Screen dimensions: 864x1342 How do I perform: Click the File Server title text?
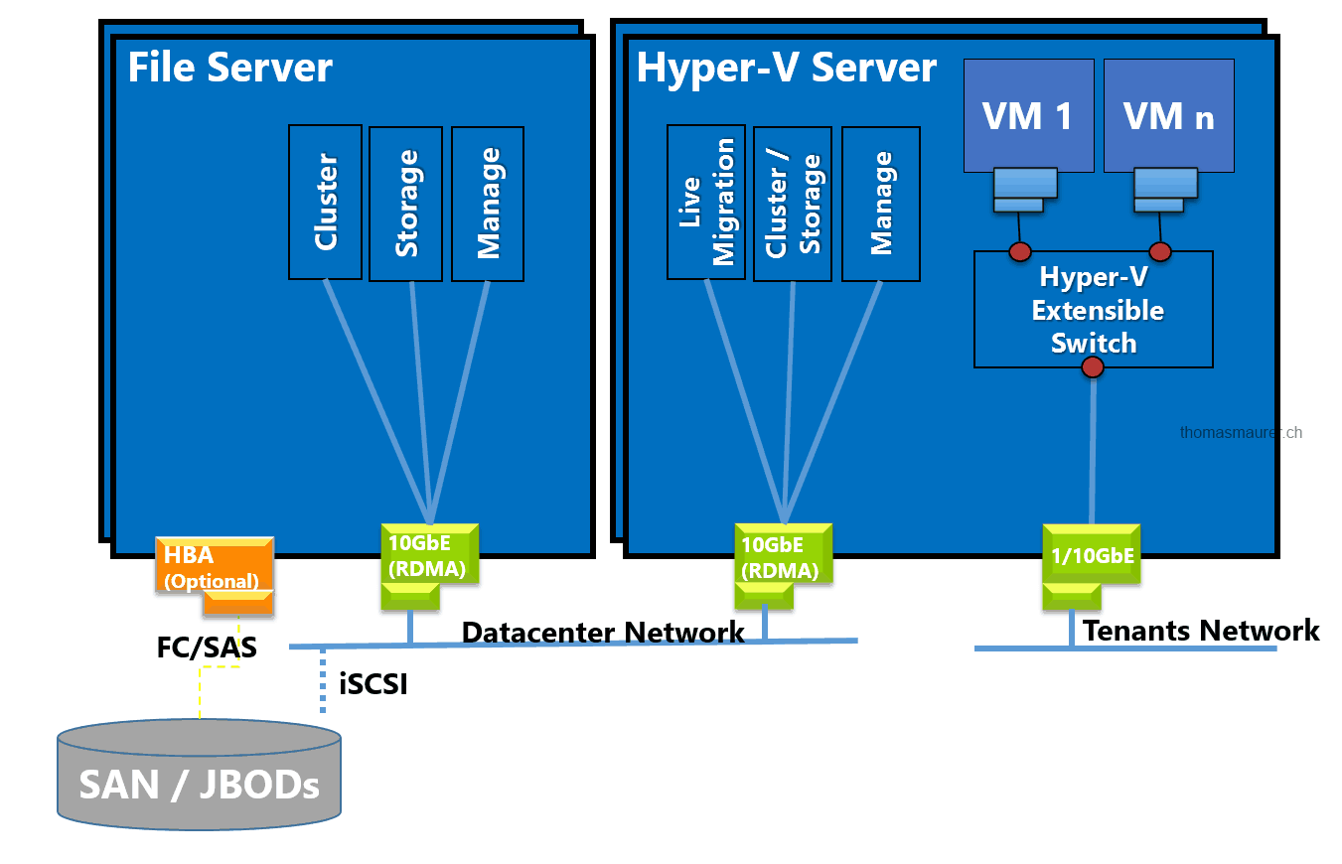point(230,69)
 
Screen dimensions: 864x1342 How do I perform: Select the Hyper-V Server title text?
point(786,69)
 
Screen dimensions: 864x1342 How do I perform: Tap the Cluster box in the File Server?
point(325,202)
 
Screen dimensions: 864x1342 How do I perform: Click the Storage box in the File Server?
point(406,204)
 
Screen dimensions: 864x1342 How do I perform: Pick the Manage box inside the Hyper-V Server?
point(880,204)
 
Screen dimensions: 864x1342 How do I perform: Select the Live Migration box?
point(705,202)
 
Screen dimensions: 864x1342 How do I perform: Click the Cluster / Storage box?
point(792,204)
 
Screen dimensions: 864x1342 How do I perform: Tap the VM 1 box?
point(1028,116)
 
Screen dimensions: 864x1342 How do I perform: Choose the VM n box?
point(1168,116)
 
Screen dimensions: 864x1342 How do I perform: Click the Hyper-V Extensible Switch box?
point(1093,309)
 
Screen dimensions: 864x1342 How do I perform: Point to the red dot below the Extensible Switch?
point(1093,367)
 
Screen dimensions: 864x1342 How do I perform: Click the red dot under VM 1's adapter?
point(1019,250)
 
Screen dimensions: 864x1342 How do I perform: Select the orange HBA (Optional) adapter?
point(213,567)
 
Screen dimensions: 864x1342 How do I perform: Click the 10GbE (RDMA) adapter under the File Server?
point(430,556)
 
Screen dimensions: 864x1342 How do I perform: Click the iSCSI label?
point(373,684)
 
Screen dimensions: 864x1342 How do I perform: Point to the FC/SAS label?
point(207,648)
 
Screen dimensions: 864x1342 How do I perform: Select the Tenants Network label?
point(1200,631)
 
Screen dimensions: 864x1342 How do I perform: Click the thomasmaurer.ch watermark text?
point(1241,432)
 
